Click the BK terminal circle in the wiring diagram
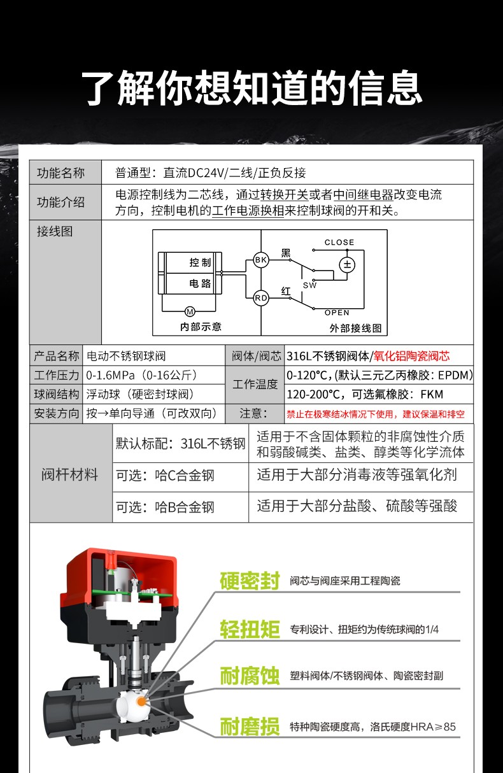[x=261, y=259]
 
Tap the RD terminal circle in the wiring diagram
[x=261, y=297]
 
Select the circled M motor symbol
[x=189, y=311]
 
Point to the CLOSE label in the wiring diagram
[x=339, y=242]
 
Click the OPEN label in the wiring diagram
[x=337, y=313]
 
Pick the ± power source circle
[x=347, y=264]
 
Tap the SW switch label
[x=309, y=285]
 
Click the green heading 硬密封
[x=250, y=581]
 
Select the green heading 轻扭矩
[x=250, y=629]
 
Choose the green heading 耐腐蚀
[x=250, y=676]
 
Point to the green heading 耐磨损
[x=250, y=726]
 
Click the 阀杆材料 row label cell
[x=71, y=474]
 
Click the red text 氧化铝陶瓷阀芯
[x=415, y=356]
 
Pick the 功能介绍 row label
[x=61, y=202]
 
